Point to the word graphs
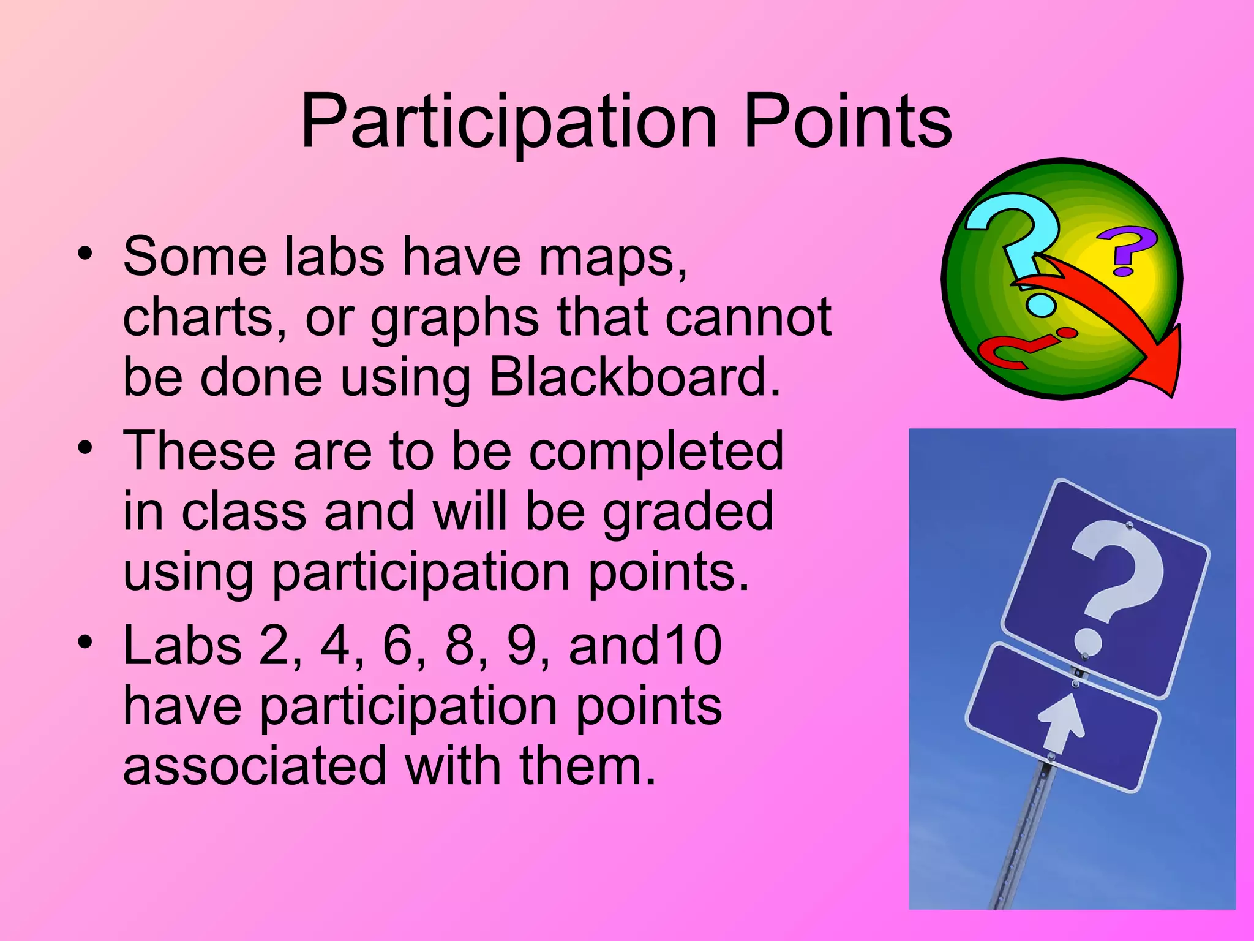tap(454, 319)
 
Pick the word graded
tap(688, 512)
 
